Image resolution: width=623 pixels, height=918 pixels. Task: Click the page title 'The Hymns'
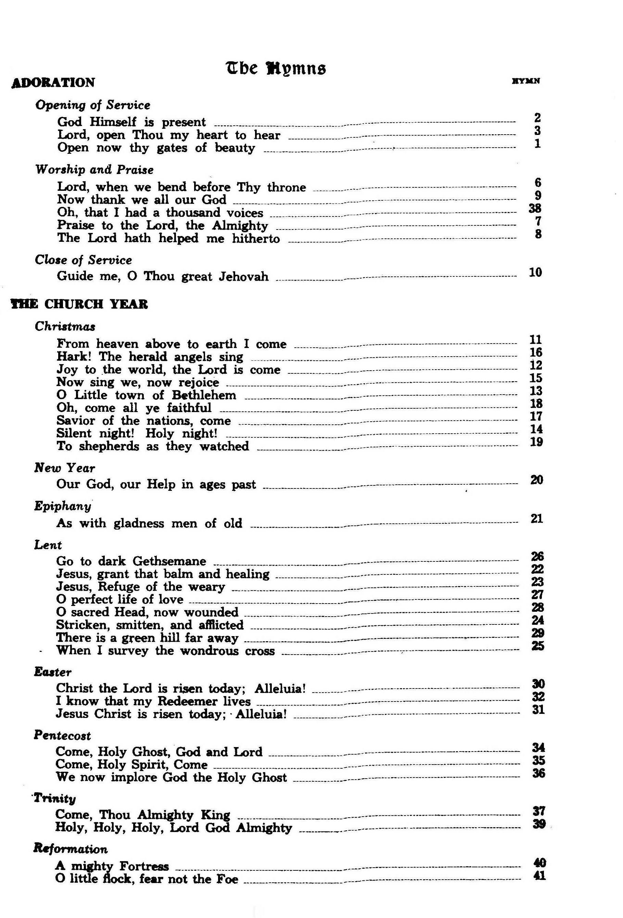tap(276, 69)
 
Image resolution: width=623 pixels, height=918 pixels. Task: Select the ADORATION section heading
tap(53, 83)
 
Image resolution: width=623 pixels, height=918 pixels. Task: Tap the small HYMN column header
tap(525, 82)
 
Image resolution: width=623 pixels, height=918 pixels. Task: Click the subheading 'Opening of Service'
tap(92, 105)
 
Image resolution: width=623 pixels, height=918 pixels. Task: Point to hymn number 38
tap(535, 208)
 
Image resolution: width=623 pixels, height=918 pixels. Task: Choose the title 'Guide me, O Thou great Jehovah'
tap(162, 276)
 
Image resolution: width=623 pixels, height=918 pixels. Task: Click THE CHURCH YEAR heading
tap(79, 304)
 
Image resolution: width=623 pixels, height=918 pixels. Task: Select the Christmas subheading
tap(65, 327)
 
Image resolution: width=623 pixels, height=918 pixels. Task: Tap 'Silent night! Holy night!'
tap(137, 433)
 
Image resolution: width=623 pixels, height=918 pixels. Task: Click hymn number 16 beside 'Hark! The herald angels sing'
tap(536, 352)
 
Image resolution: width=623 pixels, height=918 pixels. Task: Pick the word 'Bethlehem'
tap(204, 395)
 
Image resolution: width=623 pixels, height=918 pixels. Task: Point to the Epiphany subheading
tap(62, 506)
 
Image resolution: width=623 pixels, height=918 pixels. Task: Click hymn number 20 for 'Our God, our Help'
tap(536, 480)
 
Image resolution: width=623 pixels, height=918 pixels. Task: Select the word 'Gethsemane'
tap(169, 561)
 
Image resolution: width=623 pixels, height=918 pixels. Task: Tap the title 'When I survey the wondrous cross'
tap(165, 650)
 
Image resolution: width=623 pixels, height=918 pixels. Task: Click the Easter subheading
tap(52, 672)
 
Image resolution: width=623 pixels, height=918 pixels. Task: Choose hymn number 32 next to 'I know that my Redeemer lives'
tap(538, 697)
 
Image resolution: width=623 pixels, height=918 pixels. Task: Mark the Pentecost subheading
tap(62, 735)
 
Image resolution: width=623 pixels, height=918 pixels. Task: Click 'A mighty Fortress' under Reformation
tap(112, 866)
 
